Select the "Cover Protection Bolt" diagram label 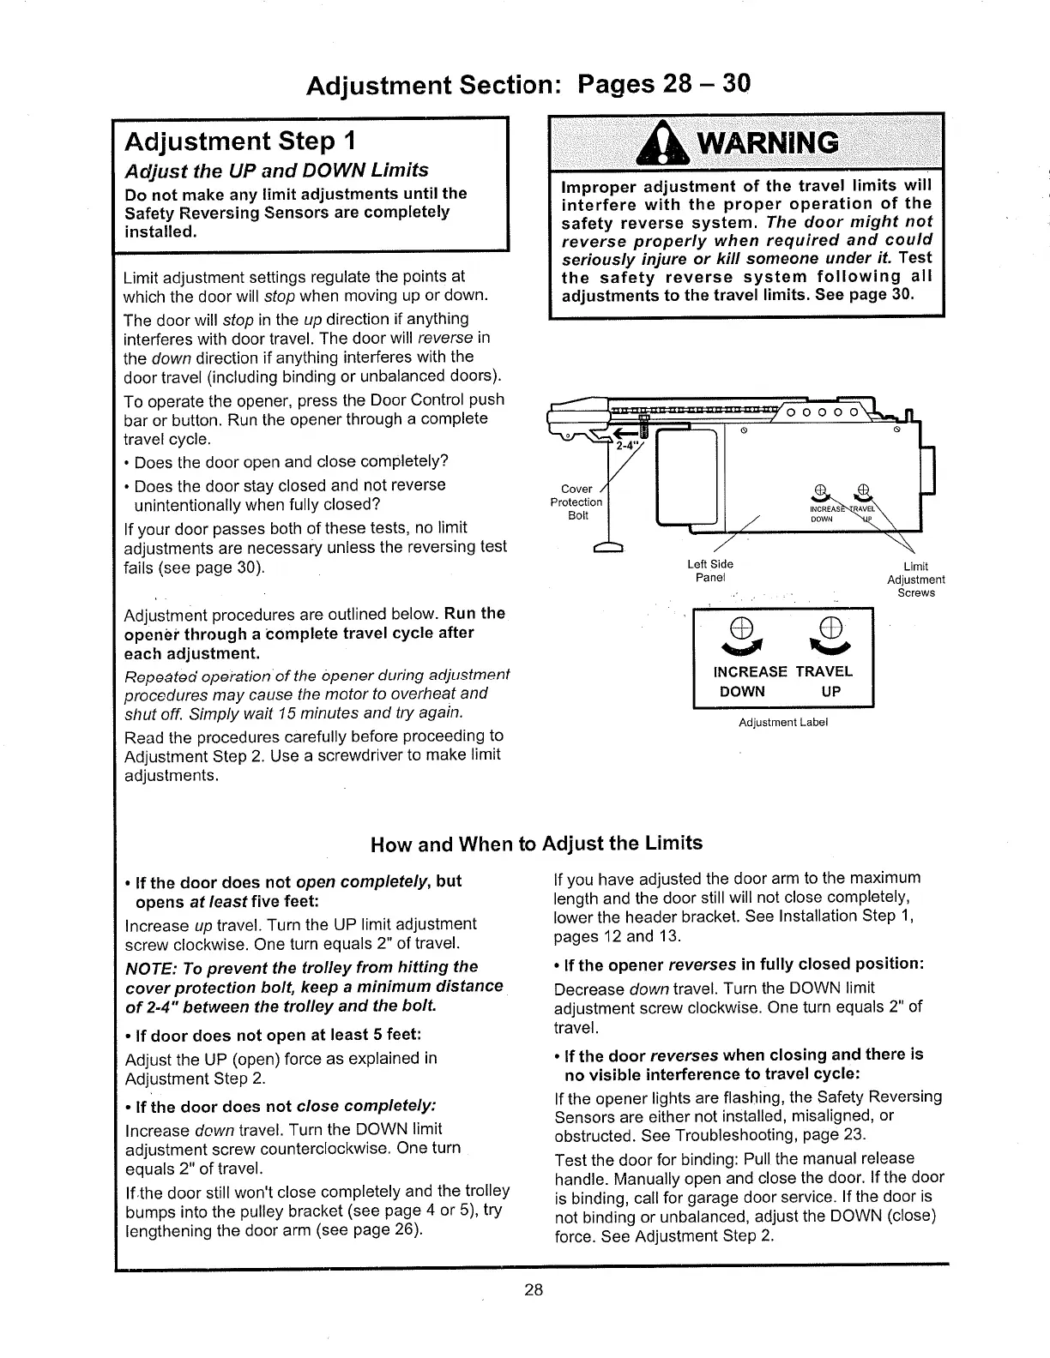point(576,502)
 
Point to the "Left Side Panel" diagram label point(710,570)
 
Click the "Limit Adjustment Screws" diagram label point(916,580)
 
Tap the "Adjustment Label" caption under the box point(783,722)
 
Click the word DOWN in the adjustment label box point(742,691)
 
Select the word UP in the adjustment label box point(830,691)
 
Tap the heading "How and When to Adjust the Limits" point(536,843)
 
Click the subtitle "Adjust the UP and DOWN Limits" point(276,170)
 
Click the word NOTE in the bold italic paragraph point(149,967)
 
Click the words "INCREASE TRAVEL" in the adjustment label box point(783,671)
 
